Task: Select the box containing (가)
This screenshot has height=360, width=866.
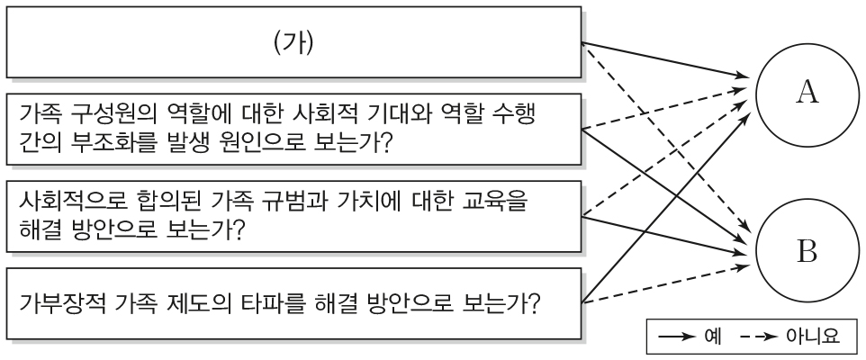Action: (x=294, y=41)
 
